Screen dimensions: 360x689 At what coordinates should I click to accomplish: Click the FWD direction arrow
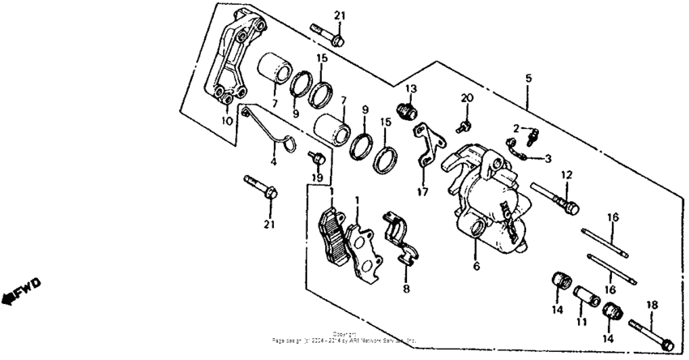tap(21, 290)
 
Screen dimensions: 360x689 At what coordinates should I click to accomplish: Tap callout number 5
tap(529, 78)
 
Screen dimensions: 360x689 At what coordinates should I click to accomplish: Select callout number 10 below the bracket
tap(227, 121)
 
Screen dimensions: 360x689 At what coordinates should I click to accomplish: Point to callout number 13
tap(410, 88)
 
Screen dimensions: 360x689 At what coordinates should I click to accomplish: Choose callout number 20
tap(465, 98)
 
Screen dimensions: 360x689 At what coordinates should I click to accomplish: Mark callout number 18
tap(649, 305)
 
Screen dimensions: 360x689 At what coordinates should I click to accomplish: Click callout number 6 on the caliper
tap(476, 265)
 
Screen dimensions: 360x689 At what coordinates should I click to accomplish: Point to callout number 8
tap(406, 288)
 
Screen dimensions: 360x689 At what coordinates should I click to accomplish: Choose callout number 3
tap(548, 158)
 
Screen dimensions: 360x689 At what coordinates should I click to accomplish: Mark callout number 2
tap(515, 128)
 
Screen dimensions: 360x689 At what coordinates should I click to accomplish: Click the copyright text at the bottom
tap(344, 336)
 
